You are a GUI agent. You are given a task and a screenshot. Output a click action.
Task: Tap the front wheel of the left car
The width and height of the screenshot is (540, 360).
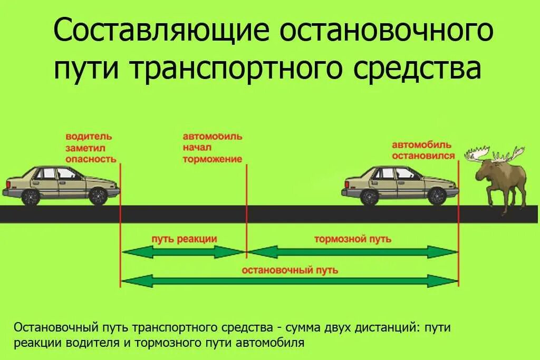[98, 196]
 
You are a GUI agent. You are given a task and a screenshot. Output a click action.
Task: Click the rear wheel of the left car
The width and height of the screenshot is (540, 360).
[31, 197]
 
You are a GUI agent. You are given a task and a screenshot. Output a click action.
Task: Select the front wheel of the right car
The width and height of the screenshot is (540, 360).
[436, 196]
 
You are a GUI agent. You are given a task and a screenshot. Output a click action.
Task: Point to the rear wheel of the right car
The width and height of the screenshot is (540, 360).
[369, 197]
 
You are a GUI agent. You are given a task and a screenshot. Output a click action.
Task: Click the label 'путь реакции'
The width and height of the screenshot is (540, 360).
[184, 239]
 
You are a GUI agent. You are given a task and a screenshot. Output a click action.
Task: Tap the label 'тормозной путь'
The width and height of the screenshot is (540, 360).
[353, 239]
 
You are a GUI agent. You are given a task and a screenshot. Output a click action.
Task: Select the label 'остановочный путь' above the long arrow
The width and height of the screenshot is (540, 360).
[290, 270]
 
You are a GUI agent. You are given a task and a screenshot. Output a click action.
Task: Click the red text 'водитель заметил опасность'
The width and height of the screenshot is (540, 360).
[90, 148]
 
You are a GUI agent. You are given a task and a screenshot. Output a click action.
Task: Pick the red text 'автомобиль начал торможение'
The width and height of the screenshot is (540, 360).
[213, 148]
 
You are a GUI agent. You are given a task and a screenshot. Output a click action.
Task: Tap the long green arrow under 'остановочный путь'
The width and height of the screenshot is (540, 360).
[290, 281]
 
